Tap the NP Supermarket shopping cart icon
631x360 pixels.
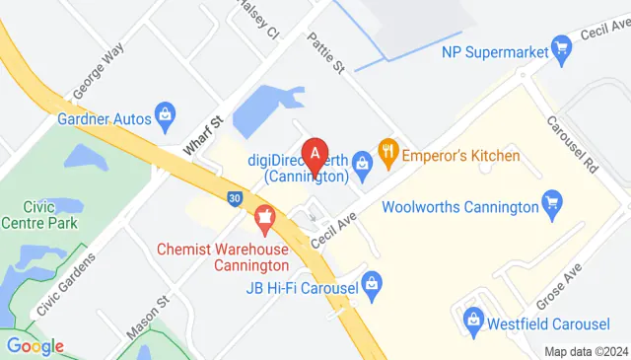tap(562, 45)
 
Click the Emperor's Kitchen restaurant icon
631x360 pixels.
tap(388, 154)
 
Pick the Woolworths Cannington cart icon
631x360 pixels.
tap(553, 206)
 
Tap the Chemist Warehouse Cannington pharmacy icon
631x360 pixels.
tap(263, 215)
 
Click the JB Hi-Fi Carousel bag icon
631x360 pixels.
tap(372, 286)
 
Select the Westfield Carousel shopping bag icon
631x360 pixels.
tap(474, 319)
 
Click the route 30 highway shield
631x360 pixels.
tap(234, 197)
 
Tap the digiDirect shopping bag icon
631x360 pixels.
tap(362, 160)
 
